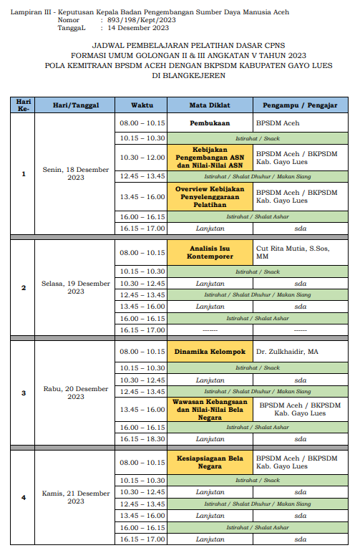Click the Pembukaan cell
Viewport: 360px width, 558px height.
pyautogui.click(x=208, y=123)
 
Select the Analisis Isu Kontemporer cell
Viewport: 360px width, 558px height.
pyautogui.click(x=208, y=252)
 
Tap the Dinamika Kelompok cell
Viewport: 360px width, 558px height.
pyautogui.click(x=208, y=352)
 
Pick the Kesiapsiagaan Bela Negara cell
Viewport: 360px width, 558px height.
pyautogui.click(x=208, y=462)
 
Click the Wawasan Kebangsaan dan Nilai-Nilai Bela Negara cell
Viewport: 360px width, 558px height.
pyautogui.click(x=208, y=410)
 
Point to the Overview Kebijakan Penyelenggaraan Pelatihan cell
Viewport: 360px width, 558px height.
pyautogui.click(x=208, y=196)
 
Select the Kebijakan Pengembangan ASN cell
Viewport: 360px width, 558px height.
pyautogui.click(x=208, y=158)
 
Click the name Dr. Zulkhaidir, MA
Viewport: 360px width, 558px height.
pyautogui.click(x=287, y=352)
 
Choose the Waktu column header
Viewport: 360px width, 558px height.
pyautogui.click(x=142, y=105)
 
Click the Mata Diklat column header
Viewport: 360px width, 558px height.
pyautogui.click(x=208, y=105)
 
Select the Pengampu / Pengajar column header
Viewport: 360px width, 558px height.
pyautogui.click(x=300, y=105)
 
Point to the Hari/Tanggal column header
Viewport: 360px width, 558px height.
pyautogui.click(x=75, y=105)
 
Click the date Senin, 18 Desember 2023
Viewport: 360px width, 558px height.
pyautogui.click(x=76, y=174)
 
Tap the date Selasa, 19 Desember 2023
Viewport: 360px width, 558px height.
pyautogui.click(x=76, y=287)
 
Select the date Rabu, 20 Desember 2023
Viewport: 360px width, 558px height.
pyautogui.click(x=76, y=393)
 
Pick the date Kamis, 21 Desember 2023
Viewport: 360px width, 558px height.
pyautogui.click(x=76, y=497)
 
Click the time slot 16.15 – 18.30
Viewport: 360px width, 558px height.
pyautogui.click(x=142, y=438)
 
